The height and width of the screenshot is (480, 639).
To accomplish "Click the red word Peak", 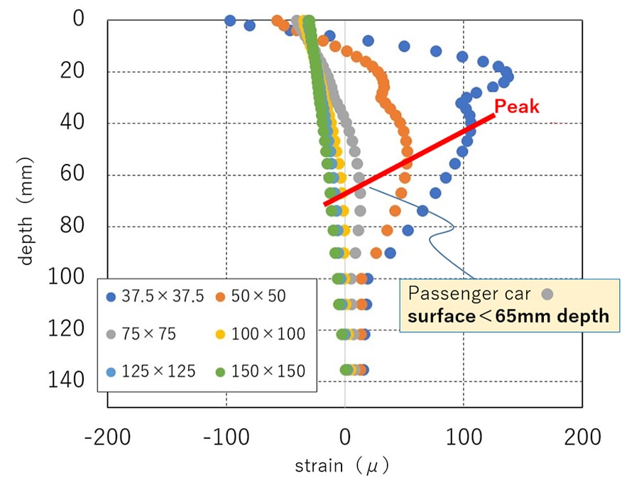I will [517, 107].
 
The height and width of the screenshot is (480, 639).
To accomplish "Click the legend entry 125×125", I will [149, 371].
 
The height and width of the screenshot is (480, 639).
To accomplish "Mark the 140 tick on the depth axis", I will [68, 381].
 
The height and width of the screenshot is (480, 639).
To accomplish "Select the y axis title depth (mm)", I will [27, 214].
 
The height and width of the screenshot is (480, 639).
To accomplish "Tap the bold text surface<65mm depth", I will [508, 316].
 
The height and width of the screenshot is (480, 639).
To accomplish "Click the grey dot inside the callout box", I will [547, 293].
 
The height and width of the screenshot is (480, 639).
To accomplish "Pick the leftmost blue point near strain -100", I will [230, 21].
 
